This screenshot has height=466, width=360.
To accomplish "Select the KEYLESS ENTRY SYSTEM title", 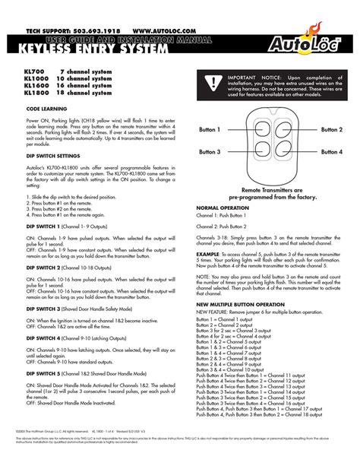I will pos(90,50).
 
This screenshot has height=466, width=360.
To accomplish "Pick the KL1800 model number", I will pos(37,94).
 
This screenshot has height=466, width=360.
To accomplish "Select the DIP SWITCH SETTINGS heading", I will pos(56,155).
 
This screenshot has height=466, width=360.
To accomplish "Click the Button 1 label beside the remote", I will pos(210,130).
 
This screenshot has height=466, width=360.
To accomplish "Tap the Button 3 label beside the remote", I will pos(210,152).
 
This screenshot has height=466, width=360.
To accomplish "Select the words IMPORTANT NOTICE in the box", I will pos(255,78).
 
